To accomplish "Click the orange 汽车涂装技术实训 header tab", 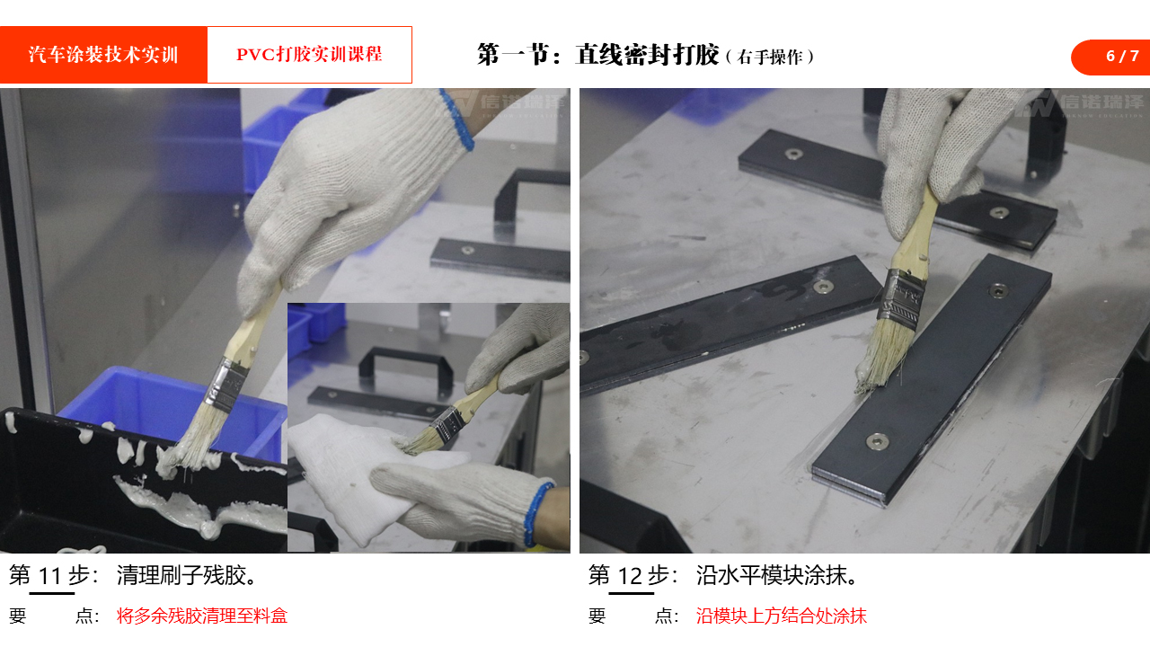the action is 103,55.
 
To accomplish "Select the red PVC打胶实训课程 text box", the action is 310,55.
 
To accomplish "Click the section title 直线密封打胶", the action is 647,55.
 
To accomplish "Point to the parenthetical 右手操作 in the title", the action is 770,57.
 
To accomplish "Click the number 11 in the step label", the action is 50,576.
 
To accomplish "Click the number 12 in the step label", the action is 630,576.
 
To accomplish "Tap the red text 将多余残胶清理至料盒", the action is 202,616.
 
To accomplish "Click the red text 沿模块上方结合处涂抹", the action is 781,616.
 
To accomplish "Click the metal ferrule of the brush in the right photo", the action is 902,299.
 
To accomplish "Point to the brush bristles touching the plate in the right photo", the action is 882,358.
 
